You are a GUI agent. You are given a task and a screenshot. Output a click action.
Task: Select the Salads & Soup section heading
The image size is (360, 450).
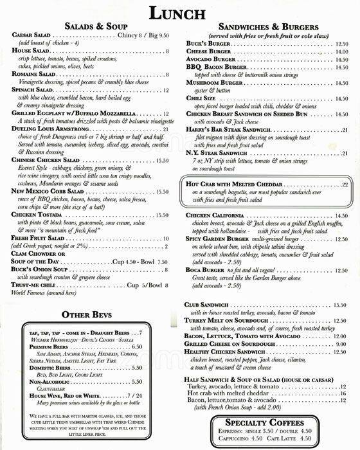click(x=96, y=26)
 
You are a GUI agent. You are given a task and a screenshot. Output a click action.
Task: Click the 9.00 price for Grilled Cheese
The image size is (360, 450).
click(x=341, y=344)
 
